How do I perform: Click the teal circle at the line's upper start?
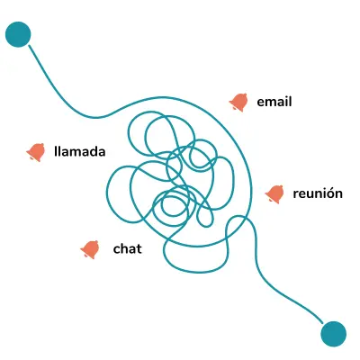point(18,34)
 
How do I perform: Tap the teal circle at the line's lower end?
point(333,334)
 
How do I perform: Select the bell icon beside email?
point(238,102)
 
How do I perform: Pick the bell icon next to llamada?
point(36,152)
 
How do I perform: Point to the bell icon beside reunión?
point(274,194)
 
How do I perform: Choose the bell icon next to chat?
point(90,249)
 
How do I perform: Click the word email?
point(274,102)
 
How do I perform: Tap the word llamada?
point(80,151)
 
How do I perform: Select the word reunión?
point(318,193)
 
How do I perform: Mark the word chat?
point(128,248)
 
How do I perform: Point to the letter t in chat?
point(139,249)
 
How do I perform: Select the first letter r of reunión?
point(295,194)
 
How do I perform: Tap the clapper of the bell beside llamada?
point(31,157)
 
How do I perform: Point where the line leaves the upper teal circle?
point(29,45)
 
